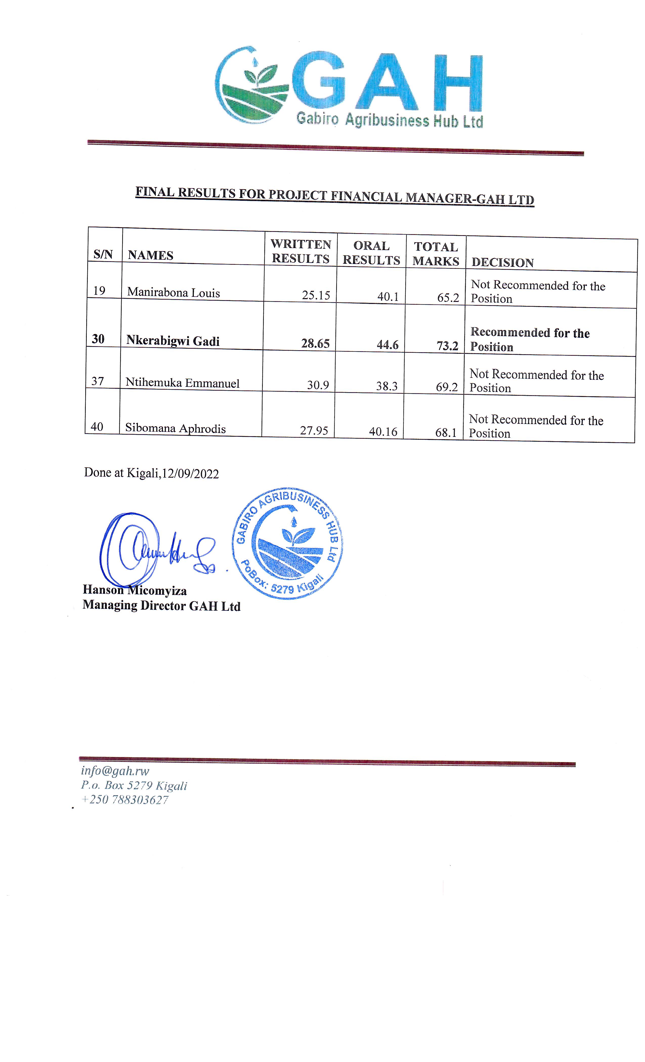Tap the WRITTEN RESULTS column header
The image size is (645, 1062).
(300, 251)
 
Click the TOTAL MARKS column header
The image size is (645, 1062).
(436, 254)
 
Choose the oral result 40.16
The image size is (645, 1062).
(383, 431)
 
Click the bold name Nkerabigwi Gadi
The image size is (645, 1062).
(173, 341)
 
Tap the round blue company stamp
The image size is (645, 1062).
(288, 543)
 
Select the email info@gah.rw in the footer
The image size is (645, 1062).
(115, 771)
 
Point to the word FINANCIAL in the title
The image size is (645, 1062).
(365, 196)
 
